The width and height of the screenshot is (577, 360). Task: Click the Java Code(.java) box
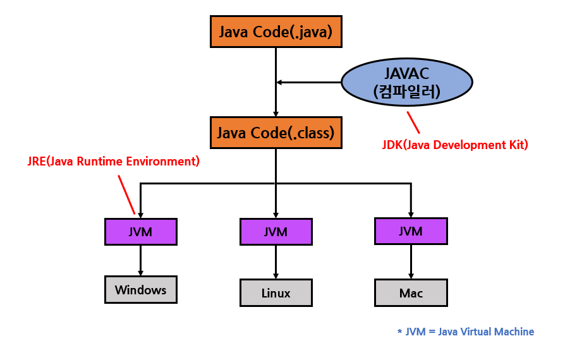pyautogui.click(x=276, y=32)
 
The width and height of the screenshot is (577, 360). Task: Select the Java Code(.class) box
pyautogui.click(x=276, y=133)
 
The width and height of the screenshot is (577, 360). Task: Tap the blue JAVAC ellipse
pyautogui.click(x=407, y=83)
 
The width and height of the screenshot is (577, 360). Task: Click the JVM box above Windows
pyautogui.click(x=140, y=232)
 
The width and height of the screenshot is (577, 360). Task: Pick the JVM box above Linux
pyautogui.click(x=276, y=232)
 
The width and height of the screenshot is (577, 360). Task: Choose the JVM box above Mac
pyautogui.click(x=411, y=231)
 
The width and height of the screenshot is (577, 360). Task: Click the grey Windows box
pyautogui.click(x=140, y=290)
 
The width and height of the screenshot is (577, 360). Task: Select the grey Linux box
pyautogui.click(x=276, y=293)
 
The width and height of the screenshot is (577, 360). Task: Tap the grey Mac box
pyautogui.click(x=411, y=293)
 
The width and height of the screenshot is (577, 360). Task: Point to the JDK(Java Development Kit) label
pyautogui.click(x=455, y=145)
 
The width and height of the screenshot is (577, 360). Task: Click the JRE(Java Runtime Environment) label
pyautogui.click(x=113, y=161)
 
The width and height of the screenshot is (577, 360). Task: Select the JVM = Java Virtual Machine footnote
pyautogui.click(x=470, y=332)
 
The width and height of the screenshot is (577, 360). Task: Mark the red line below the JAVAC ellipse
pyautogui.click(x=413, y=121)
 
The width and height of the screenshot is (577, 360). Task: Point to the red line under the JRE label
pyautogui.click(x=126, y=195)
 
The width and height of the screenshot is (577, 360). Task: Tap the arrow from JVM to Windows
pyautogui.click(x=140, y=260)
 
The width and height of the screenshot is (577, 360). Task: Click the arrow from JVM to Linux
pyautogui.click(x=276, y=261)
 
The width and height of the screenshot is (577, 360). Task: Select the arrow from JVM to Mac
pyautogui.click(x=411, y=261)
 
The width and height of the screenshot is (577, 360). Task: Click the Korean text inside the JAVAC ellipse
pyautogui.click(x=406, y=92)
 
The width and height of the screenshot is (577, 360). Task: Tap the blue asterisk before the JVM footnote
pyautogui.click(x=399, y=332)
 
